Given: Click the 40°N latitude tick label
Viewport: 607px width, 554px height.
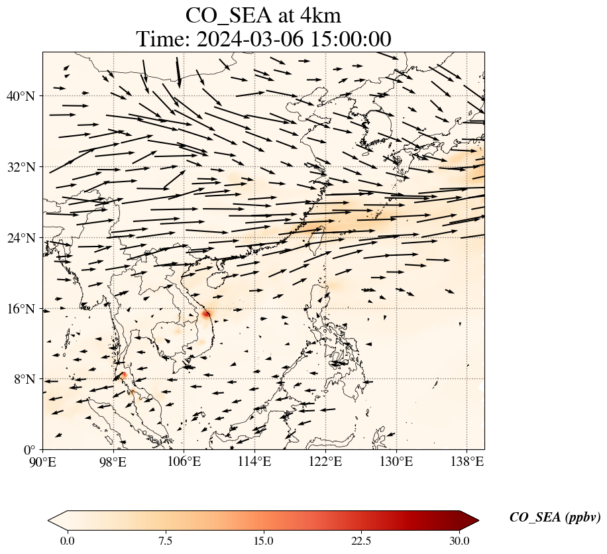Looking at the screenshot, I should click(24, 96).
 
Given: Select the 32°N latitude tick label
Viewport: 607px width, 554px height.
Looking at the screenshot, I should click(24, 167).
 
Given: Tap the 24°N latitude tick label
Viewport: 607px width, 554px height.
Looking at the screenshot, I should click(24, 238).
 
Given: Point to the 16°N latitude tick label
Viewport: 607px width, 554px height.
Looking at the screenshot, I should click(24, 309).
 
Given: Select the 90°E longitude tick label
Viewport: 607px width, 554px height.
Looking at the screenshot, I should click(43, 461).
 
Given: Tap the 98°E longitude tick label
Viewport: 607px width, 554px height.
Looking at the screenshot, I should click(113, 461).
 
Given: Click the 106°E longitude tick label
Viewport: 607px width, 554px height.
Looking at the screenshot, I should click(184, 461).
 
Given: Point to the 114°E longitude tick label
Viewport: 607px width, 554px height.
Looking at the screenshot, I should click(254, 461).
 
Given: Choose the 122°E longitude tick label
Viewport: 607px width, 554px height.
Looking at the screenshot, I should click(325, 461).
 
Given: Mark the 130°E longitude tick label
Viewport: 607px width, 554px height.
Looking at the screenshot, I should click(396, 461).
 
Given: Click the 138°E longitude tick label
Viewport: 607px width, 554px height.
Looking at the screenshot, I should click(467, 461).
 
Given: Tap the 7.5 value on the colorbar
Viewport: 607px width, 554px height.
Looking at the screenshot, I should click(165, 541).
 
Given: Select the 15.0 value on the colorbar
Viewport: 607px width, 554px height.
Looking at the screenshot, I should click(263, 541).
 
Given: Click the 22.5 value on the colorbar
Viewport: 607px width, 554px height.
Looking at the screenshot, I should click(361, 541).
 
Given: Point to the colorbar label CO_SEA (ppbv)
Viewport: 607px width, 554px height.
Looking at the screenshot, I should click(555, 518).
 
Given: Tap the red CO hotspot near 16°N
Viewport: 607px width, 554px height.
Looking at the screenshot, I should click(206, 313).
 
